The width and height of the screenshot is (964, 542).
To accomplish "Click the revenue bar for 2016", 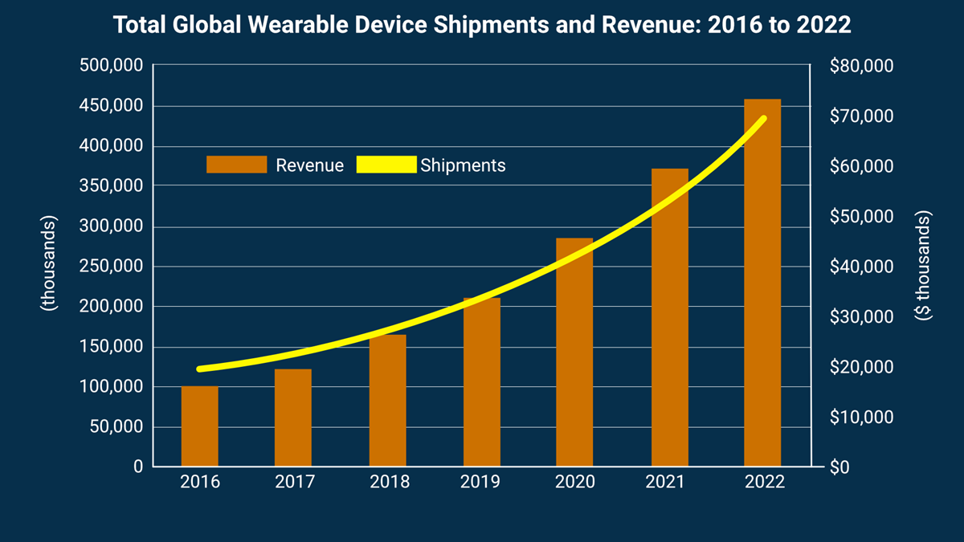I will [199, 426].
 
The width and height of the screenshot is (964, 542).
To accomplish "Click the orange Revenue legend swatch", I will [236, 165].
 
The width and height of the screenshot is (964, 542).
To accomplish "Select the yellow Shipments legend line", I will [386, 165].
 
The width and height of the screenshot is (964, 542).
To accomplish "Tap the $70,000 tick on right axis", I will [860, 116].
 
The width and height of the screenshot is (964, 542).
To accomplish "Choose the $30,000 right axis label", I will [860, 317].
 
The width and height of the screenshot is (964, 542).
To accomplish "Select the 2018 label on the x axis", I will [389, 483].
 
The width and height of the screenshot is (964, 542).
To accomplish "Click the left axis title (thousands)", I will [49, 263].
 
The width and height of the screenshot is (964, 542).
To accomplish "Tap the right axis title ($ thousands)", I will [923, 267].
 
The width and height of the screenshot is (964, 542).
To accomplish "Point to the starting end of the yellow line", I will [199, 369].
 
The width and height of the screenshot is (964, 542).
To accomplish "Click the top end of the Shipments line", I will [762, 119].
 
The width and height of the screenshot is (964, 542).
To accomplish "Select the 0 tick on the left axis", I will [137, 467].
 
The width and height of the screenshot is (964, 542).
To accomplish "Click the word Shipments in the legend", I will [463, 165].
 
